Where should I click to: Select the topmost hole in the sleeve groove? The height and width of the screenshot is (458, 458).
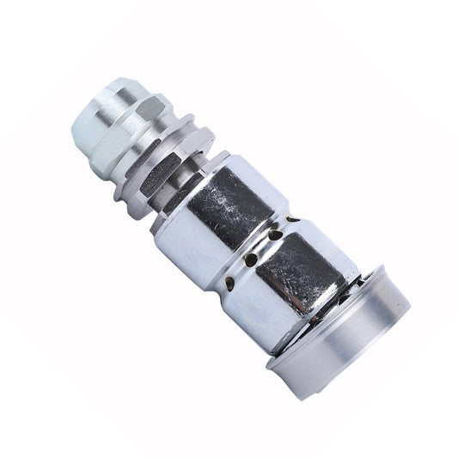[x=275, y=233]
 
